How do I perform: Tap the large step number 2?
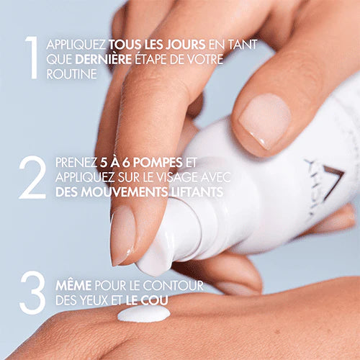pos(32,176)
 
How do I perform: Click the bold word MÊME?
pos(72,287)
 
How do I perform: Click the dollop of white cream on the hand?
pos(143,314)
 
